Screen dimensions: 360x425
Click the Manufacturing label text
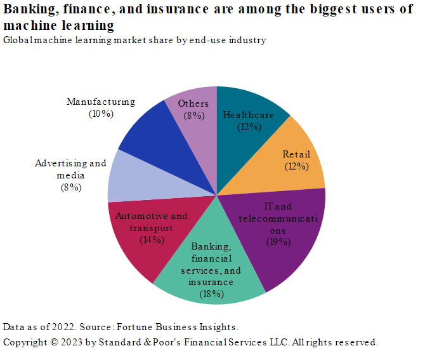101,102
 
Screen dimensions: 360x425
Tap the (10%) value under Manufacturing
101,114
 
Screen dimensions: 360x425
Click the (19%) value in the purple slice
278,241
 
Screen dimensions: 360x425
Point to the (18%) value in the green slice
211,293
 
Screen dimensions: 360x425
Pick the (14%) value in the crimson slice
152,239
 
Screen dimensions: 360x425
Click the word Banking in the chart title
29,8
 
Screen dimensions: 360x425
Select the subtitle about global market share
134,40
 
